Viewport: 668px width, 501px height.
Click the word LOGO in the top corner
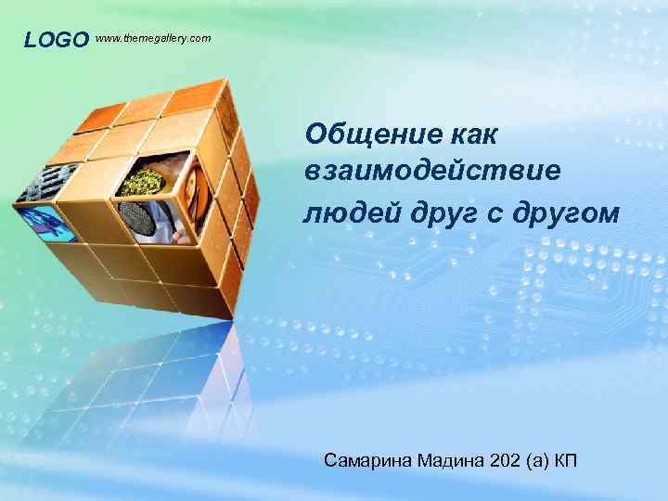click(56, 40)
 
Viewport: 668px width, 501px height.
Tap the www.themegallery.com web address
click(153, 38)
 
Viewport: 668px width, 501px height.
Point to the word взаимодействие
click(432, 173)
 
